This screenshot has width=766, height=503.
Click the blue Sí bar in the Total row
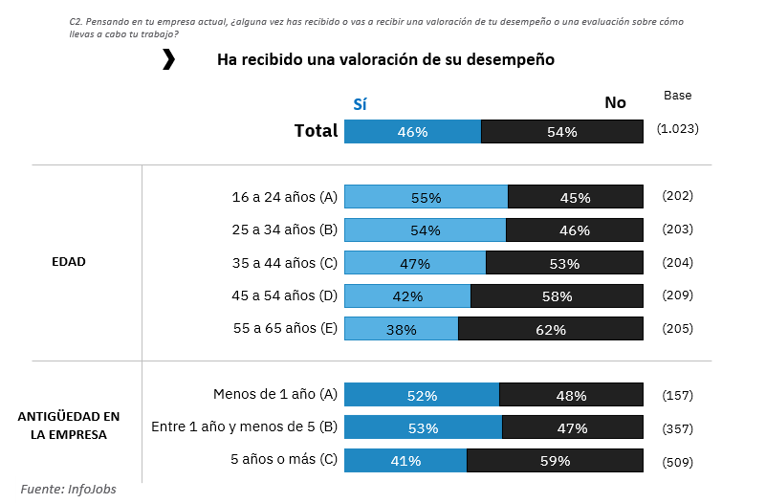point(412,132)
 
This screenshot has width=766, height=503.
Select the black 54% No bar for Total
point(561,132)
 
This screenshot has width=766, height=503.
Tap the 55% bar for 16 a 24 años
point(426,198)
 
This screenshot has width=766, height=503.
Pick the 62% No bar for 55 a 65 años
point(550,329)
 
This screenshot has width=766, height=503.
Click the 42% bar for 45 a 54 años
point(407,296)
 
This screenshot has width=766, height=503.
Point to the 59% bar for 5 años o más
point(555,461)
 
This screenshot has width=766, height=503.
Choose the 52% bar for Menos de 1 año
point(422,395)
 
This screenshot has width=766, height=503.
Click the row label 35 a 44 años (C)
point(285,263)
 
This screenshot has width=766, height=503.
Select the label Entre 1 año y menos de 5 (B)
point(245,426)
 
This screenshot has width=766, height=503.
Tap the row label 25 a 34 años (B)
point(285,230)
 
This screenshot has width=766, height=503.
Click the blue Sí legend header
point(360,104)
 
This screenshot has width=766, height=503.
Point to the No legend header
point(615,103)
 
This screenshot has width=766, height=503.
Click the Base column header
point(677,96)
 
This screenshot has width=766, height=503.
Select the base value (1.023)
point(677,127)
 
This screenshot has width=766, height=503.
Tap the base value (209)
point(677,295)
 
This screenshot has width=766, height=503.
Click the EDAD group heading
point(69,262)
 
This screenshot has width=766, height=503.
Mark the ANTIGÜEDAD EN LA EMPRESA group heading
point(69,426)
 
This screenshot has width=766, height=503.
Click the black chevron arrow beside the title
point(169,60)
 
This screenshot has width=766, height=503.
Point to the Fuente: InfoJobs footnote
point(69,489)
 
